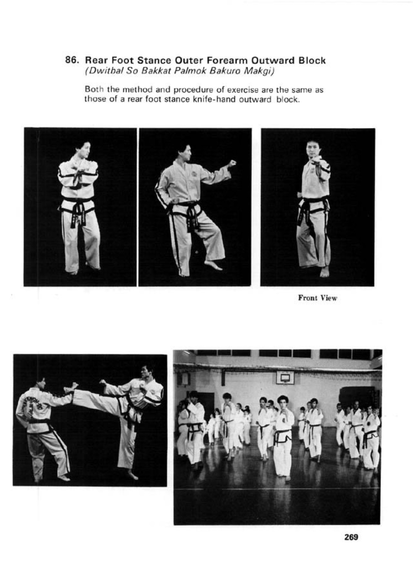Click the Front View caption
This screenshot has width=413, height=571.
317,298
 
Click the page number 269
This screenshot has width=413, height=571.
351,537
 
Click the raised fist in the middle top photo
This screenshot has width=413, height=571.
232,163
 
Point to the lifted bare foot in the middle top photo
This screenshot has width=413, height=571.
213,265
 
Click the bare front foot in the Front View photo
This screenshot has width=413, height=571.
324,272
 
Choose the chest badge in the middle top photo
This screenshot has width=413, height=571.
193,173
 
